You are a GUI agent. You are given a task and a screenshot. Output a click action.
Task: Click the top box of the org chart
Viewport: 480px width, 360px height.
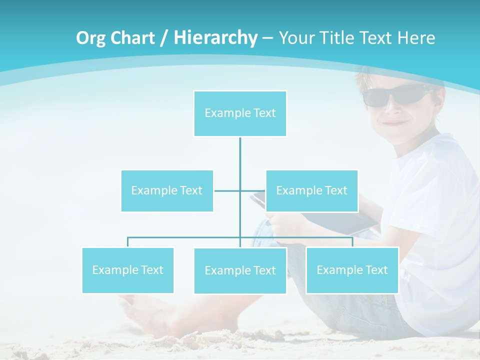tap(240, 113)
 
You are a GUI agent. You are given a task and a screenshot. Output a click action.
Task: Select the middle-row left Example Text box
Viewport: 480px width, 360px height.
tap(167, 190)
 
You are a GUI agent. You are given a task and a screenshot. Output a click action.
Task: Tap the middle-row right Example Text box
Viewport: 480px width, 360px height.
tap(312, 190)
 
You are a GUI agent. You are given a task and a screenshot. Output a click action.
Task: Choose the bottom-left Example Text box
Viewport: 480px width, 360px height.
tap(128, 270)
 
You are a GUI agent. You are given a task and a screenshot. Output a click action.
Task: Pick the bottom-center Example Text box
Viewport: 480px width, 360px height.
tap(240, 270)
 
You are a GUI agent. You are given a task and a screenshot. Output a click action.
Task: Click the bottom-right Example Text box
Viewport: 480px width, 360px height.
tap(352, 270)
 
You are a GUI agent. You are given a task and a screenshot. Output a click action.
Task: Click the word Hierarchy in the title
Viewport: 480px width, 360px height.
tap(215, 37)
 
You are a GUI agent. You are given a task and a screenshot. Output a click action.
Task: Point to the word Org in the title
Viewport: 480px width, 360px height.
tap(90, 38)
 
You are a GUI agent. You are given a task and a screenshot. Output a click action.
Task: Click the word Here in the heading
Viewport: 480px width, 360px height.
tap(416, 37)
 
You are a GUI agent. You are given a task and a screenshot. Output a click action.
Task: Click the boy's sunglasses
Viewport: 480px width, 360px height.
tap(395, 95)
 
